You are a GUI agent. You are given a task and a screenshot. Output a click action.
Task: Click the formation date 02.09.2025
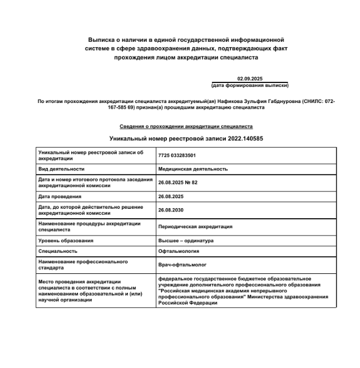249,79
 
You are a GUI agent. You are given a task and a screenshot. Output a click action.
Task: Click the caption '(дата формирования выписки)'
250,85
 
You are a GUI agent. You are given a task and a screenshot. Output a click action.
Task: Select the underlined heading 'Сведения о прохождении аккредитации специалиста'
186,126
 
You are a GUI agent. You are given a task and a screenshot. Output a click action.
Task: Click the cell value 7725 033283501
177,155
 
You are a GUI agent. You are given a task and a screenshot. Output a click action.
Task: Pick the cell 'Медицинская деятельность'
193,169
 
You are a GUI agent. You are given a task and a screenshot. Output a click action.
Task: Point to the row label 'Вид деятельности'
61,169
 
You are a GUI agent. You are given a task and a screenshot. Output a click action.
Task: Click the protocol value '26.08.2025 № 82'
178,183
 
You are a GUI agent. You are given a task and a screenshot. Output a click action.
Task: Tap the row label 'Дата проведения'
60,197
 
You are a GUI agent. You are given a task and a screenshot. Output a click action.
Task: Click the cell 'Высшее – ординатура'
186,241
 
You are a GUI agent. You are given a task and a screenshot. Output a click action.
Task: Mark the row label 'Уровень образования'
66,241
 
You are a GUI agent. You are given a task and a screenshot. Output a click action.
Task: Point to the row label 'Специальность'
57,251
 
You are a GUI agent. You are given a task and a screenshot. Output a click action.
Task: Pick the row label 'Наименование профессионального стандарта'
83,264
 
